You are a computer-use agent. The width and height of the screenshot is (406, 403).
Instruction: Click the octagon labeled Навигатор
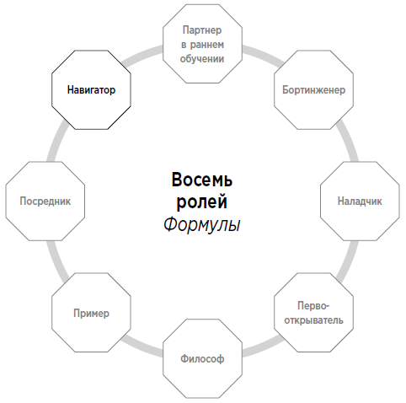tap(91, 90)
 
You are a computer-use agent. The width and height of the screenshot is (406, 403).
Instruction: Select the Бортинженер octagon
tap(313, 90)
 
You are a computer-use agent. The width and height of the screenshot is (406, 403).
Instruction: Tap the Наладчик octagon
tap(360, 201)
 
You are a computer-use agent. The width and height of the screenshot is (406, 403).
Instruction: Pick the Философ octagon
tap(202, 358)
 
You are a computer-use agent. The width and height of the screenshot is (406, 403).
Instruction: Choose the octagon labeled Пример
tap(91, 313)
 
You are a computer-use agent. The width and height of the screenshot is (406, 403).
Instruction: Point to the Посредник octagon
tap(45, 201)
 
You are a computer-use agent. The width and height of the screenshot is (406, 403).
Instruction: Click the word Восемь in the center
tap(202, 180)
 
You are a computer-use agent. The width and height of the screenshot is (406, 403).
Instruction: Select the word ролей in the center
tap(202, 202)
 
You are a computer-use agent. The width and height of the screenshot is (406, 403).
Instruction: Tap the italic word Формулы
tap(202, 225)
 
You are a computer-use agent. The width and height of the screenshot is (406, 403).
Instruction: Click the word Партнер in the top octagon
tap(202, 30)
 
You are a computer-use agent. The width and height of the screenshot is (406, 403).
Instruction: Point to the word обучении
tap(202, 59)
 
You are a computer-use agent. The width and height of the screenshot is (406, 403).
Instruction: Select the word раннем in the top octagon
tap(207, 45)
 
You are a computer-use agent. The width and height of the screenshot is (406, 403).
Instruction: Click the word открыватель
tap(313, 320)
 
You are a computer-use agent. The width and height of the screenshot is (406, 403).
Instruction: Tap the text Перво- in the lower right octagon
tap(313, 306)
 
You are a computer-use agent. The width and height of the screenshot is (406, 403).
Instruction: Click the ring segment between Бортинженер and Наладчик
tap(348, 141)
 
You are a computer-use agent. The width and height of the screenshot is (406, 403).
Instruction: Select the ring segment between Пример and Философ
tap(142, 347)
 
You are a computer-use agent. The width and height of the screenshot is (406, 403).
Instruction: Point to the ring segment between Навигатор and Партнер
tap(142, 55)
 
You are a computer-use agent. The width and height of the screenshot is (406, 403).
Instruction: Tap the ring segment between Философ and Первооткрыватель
tap(264, 347)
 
